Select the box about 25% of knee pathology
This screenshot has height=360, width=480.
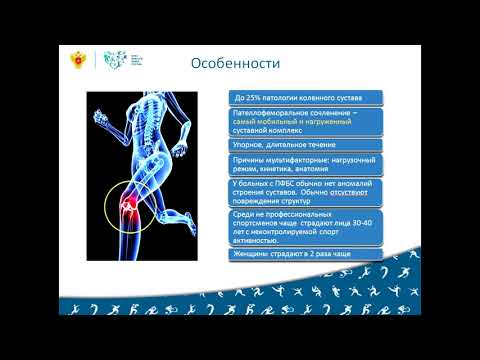(304, 98)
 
